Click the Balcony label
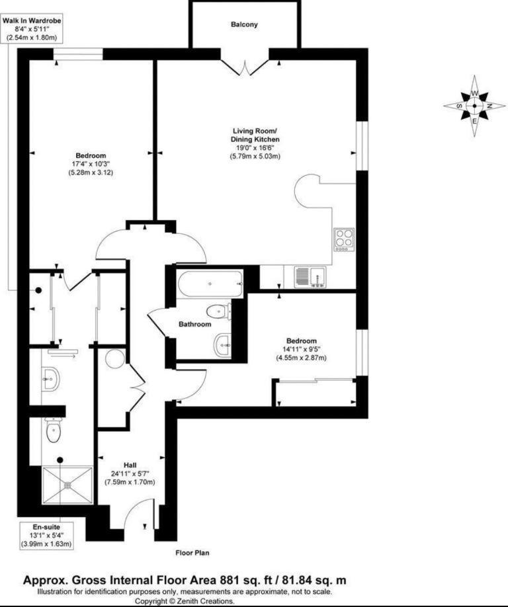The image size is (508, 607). pyautogui.click(x=244, y=24)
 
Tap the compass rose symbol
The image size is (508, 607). pyautogui.click(x=474, y=105)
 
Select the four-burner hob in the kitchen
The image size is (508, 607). pyautogui.click(x=344, y=239)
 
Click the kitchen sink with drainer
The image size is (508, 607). pyautogui.click(x=310, y=277)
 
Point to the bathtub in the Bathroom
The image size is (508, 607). pyautogui.click(x=210, y=284)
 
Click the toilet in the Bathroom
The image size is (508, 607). pyautogui.click(x=218, y=311)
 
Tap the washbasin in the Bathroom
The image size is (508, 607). pyautogui.click(x=222, y=344)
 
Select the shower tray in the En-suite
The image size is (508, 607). pyautogui.click(x=67, y=485)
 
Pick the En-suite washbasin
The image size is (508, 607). pyautogui.click(x=51, y=379)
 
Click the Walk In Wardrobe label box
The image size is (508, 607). pyautogui.click(x=32, y=29)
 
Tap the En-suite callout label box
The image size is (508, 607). pyautogui.click(x=46, y=536)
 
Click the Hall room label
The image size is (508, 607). pyautogui.click(x=130, y=465)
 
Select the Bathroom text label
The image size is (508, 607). pyautogui.click(x=194, y=324)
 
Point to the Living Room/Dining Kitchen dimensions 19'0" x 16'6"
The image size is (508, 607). pyautogui.click(x=255, y=147)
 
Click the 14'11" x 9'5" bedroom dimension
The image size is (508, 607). pyautogui.click(x=301, y=349)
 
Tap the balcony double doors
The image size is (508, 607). pyautogui.click(x=244, y=67)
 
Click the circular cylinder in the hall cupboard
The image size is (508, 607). pyautogui.click(x=115, y=358)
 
